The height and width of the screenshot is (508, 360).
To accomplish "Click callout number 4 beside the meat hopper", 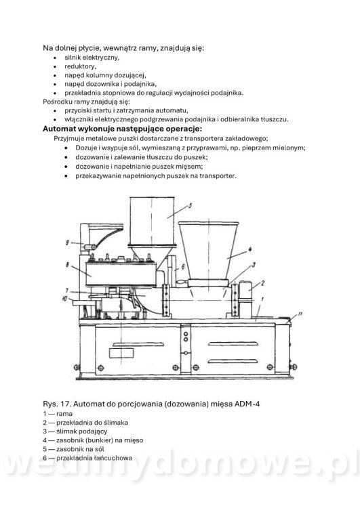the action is (x=249, y=249).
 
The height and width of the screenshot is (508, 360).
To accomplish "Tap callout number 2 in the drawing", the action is (x=262, y=283).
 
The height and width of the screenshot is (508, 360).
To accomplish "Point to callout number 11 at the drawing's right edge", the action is (x=300, y=314).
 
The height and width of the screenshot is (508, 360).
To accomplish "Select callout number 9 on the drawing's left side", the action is (x=67, y=242).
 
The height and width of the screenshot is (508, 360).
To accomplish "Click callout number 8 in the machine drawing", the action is (x=67, y=265).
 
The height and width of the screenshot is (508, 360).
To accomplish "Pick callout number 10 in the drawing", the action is (x=64, y=299).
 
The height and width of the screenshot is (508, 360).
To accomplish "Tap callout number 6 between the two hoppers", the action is (x=183, y=267).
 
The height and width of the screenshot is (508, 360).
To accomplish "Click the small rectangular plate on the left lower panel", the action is (x=121, y=353).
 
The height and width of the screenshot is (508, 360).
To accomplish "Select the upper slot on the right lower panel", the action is (x=233, y=343).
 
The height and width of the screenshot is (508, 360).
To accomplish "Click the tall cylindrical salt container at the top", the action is (x=152, y=221).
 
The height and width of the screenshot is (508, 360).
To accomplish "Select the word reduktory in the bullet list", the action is (x=80, y=66).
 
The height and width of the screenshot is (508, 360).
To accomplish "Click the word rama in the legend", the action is (x=64, y=414).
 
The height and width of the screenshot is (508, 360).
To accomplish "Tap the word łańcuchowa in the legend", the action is (x=113, y=458).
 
